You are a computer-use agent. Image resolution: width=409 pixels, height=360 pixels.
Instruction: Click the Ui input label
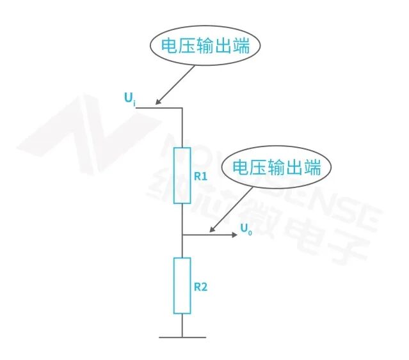click(x=130, y=99)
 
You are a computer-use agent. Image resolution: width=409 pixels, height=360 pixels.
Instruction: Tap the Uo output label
click(x=246, y=229)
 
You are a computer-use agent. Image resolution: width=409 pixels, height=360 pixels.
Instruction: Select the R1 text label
click(x=200, y=176)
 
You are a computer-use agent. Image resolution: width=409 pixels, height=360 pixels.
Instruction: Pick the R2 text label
click(x=200, y=287)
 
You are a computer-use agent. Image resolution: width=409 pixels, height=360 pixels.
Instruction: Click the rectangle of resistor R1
click(x=174, y=175)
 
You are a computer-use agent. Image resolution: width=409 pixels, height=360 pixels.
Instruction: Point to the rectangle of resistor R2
click(x=174, y=286)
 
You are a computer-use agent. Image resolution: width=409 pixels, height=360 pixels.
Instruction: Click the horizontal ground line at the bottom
click(x=182, y=338)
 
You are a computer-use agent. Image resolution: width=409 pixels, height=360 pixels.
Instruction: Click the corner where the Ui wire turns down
click(x=182, y=108)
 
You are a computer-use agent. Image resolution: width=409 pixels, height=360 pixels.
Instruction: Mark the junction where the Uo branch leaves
click(x=182, y=235)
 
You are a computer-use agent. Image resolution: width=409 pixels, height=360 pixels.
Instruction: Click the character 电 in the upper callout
click(x=169, y=46)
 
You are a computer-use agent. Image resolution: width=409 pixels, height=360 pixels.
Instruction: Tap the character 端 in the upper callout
click(x=241, y=46)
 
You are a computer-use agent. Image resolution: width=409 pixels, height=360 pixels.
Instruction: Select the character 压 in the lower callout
click(x=259, y=167)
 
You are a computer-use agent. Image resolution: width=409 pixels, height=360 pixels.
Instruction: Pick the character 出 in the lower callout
click(x=295, y=167)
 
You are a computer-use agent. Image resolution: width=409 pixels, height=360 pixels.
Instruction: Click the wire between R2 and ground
click(x=182, y=325)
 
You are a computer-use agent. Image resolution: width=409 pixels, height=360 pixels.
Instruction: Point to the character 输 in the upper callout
click(x=205, y=46)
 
